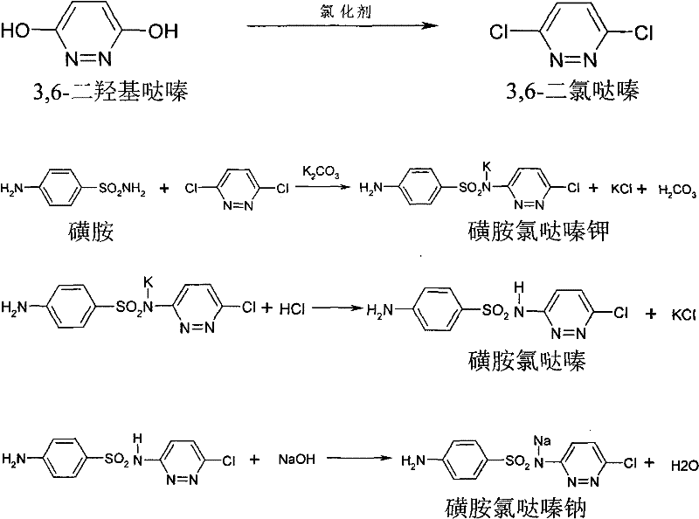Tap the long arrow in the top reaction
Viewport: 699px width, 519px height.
[x=342, y=27]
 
